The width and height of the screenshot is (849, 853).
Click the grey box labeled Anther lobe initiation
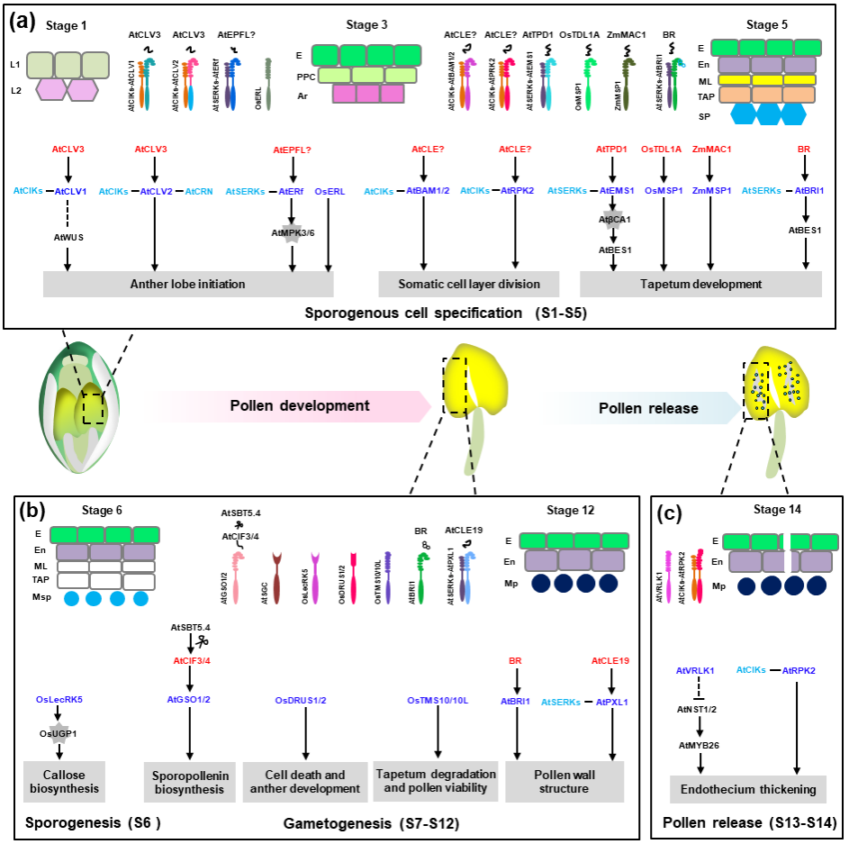pyautogui.click(x=188, y=284)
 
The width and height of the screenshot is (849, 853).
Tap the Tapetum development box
pyautogui.click(x=700, y=284)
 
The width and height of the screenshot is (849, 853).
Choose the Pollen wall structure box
pyautogui.click(x=564, y=782)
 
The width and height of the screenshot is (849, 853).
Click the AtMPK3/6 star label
pyautogui.click(x=291, y=233)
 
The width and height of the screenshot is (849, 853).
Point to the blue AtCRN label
pyautogui.click(x=200, y=191)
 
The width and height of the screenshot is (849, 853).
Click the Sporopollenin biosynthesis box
pyautogui.click(x=189, y=782)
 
